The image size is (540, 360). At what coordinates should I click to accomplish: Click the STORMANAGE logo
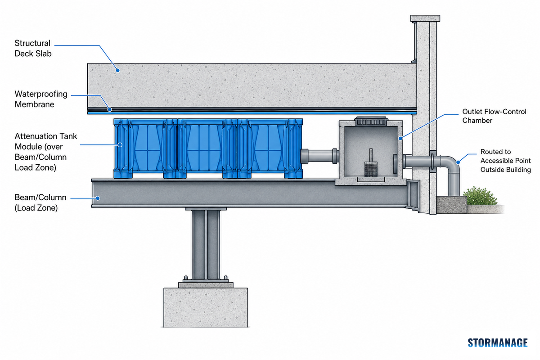pos(498,342)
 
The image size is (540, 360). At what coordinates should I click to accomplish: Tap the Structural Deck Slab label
pos(33,48)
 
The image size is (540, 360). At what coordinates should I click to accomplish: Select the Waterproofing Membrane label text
pos(41,99)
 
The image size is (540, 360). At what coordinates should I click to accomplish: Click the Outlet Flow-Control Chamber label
pos(494,116)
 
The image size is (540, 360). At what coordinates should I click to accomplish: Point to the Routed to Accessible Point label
pos(505,161)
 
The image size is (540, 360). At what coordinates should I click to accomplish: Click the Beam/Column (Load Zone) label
pos(40,202)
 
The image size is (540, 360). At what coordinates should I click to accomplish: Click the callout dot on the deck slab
pos(117,70)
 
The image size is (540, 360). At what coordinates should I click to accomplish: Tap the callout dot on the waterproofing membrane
pos(110,109)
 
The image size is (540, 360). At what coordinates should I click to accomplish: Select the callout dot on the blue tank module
pos(120,145)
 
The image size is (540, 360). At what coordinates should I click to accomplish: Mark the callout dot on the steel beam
pos(98,198)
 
